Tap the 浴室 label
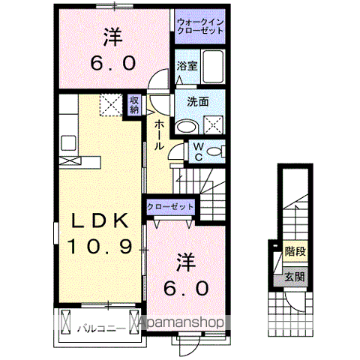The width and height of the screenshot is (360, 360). (187, 66)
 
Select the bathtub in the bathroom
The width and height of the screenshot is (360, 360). (214, 67)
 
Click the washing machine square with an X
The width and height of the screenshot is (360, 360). (213, 125)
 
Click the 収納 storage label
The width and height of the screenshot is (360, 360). (134, 105)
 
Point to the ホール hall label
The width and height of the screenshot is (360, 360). (160, 136)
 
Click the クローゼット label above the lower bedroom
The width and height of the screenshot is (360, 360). (170, 206)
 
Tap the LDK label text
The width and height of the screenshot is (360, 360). (101, 220)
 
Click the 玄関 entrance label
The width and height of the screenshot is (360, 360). (294, 277)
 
